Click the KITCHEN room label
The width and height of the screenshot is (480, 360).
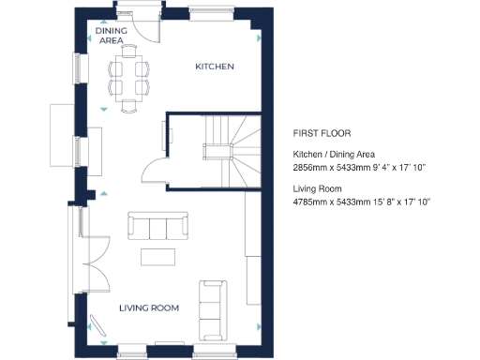(x=214, y=67)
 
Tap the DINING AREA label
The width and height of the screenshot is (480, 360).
(x=112, y=36)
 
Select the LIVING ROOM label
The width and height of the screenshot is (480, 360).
(x=148, y=307)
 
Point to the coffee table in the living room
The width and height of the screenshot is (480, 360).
(x=157, y=256)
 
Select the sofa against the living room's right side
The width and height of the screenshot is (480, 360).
(x=212, y=309)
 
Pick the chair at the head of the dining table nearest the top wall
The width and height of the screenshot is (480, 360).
(x=129, y=56)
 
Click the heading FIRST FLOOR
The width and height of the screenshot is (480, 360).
(x=322, y=133)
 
